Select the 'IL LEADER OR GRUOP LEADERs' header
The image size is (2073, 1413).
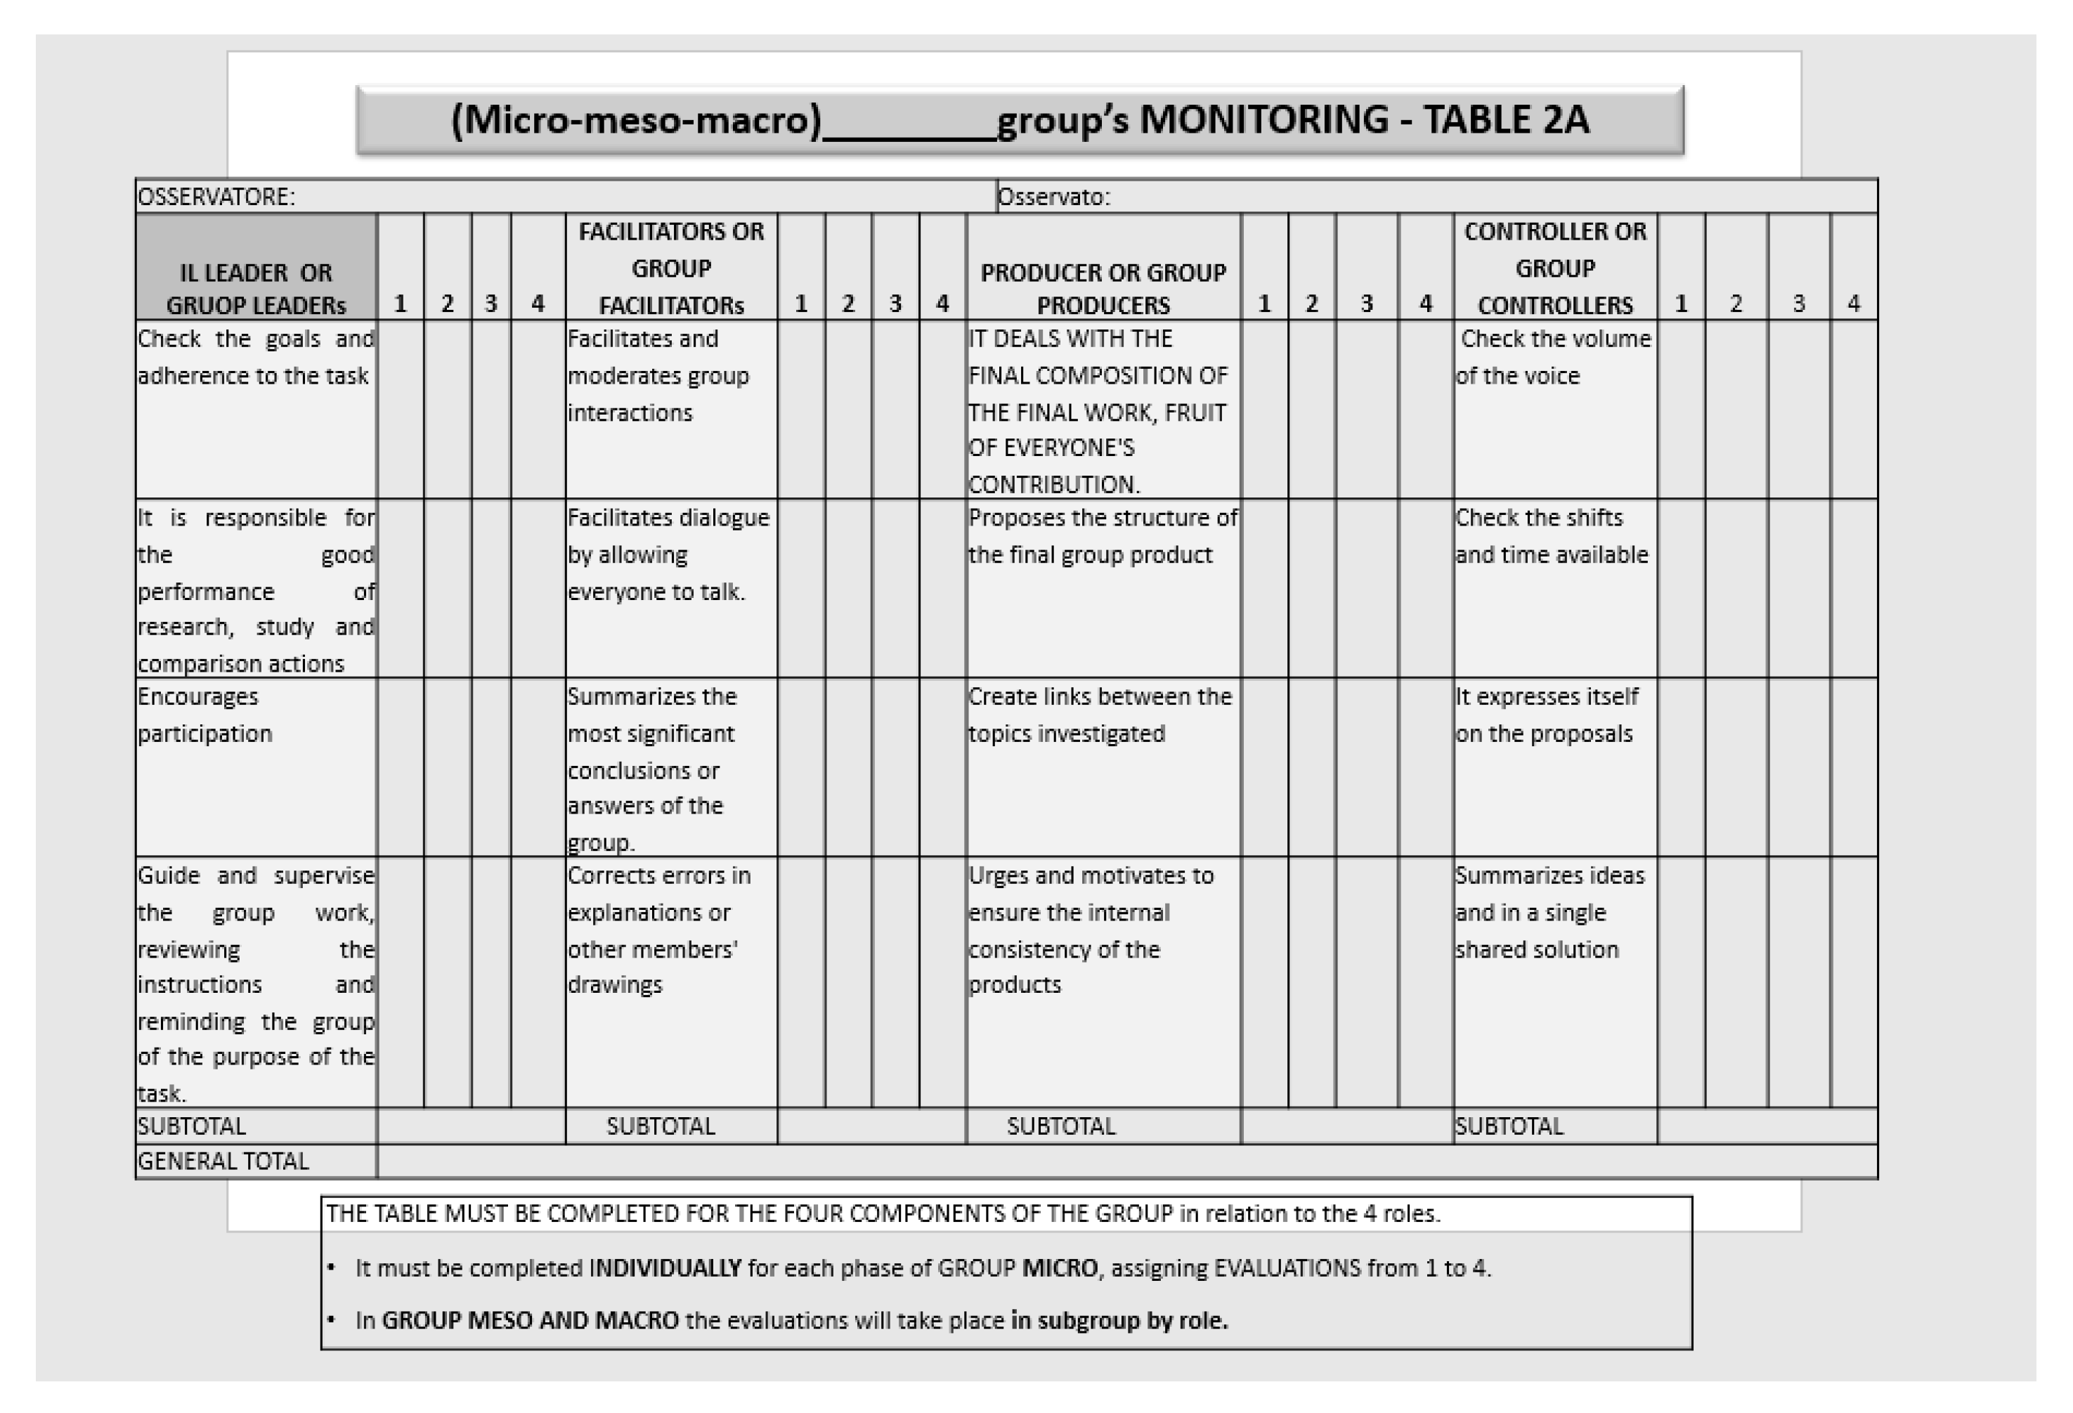pos(255,288)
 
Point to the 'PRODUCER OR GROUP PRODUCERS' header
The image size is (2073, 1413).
pos(1103,288)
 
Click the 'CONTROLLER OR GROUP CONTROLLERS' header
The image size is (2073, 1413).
pos(1554,268)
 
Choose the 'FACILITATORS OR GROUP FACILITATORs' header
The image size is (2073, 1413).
pos(671,268)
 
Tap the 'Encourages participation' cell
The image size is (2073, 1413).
pos(204,715)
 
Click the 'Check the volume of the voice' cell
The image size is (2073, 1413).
pos(1554,357)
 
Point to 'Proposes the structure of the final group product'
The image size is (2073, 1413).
pos(1102,536)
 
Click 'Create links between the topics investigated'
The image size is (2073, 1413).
pos(1099,715)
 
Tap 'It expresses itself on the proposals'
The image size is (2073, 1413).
pos(1546,715)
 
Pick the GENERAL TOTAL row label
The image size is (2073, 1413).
pos(223,1161)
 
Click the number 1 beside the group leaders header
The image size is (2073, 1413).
pos(400,304)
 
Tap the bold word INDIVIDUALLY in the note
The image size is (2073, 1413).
pos(665,1268)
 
